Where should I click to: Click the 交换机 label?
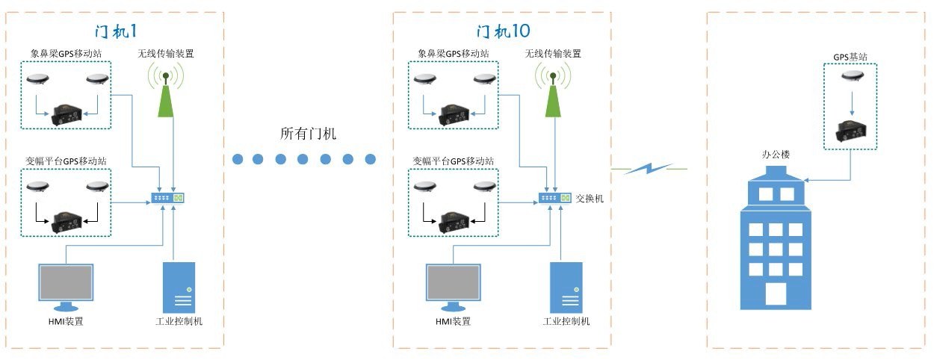(x=589, y=199)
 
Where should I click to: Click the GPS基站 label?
(x=850, y=56)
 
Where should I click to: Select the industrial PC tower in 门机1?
(x=179, y=288)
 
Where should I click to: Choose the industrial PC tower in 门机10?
(x=566, y=288)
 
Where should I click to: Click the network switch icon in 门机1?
(x=167, y=198)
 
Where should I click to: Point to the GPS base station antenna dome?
(x=850, y=75)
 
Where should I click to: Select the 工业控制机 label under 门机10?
(x=566, y=321)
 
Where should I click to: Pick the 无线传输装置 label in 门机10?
(x=553, y=54)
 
